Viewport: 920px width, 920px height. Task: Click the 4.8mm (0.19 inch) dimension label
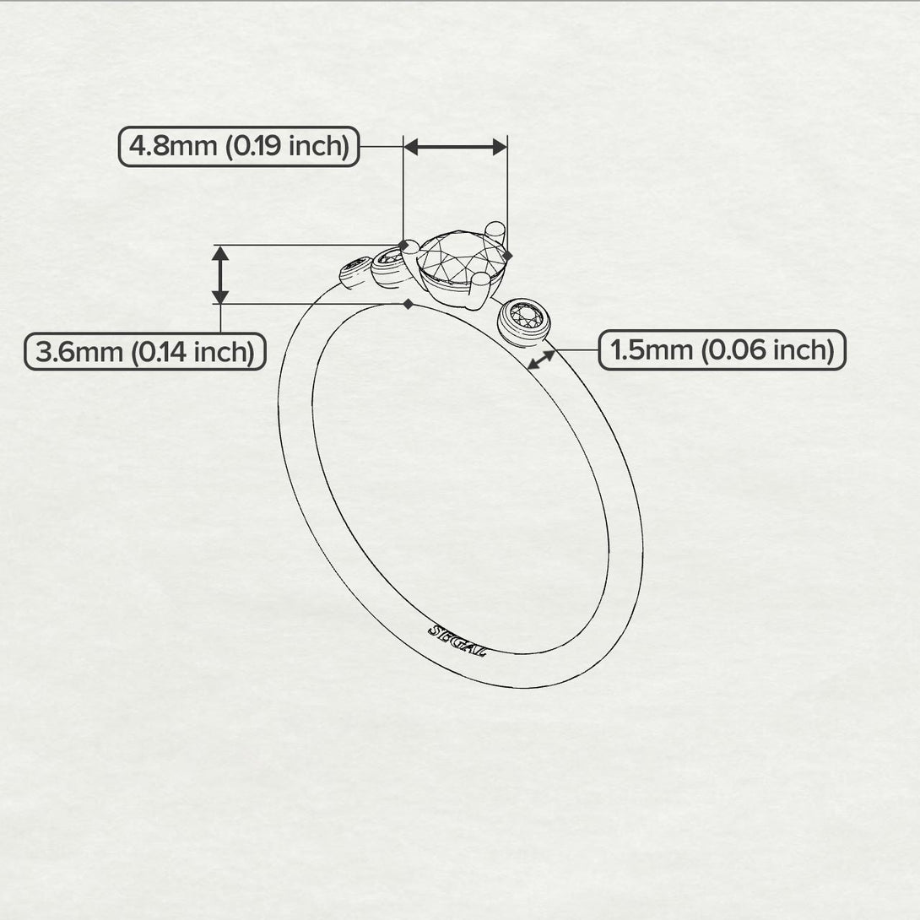click(239, 147)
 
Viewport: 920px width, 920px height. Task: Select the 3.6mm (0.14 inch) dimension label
click(145, 351)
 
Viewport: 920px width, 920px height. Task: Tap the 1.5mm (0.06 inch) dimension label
click(722, 349)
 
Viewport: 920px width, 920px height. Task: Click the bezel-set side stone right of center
click(524, 318)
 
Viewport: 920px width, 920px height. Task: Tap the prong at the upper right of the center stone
click(496, 229)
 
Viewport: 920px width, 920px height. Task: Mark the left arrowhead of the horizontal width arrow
click(411, 147)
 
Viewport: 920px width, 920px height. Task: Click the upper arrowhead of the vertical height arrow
click(220, 252)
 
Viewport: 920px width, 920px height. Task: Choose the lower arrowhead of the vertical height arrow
click(220, 296)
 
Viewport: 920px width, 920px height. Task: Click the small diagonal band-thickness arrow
click(541, 360)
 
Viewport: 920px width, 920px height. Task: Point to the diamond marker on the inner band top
click(409, 304)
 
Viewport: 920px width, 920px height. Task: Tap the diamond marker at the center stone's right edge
click(507, 255)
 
